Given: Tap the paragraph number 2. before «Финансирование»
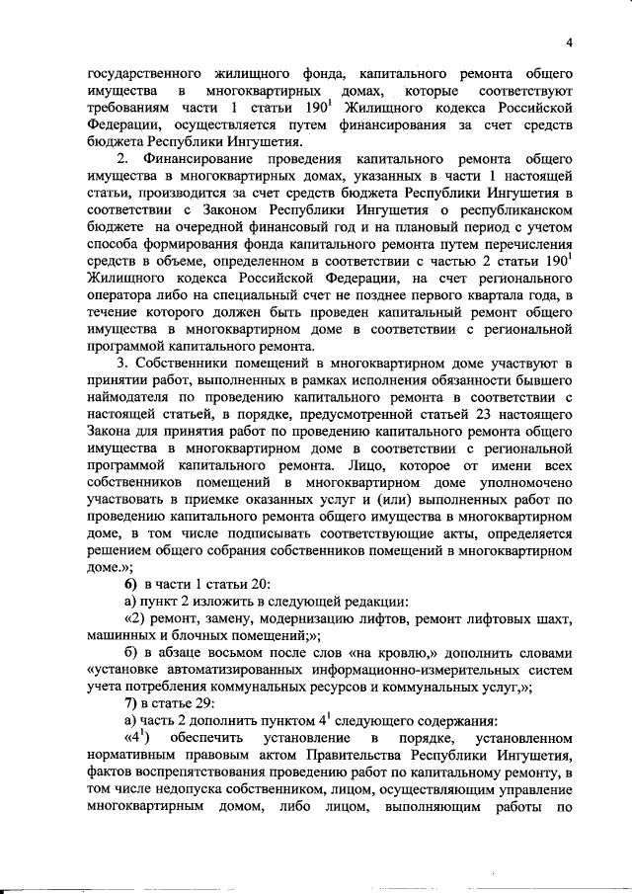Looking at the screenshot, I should click(x=121, y=159).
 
